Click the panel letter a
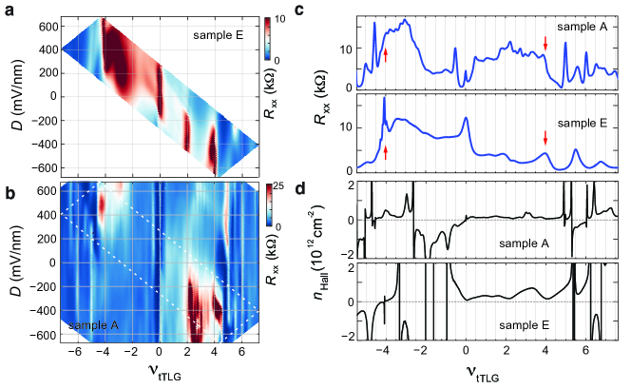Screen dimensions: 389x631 click(x=7, y=9)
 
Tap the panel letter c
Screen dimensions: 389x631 click(x=326, y=9)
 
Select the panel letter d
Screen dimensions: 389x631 click(x=326, y=186)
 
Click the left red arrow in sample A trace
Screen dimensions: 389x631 click(x=386, y=54)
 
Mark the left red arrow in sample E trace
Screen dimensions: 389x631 click(x=386, y=150)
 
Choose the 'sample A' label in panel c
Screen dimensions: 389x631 click(x=580, y=28)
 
